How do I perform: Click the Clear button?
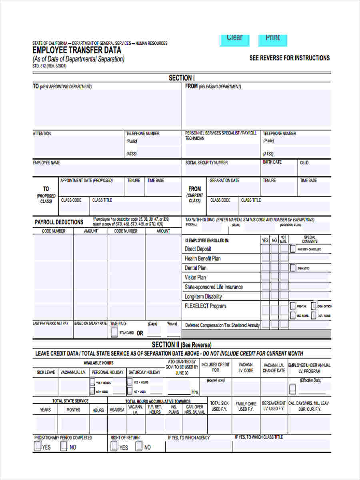[x=234, y=38]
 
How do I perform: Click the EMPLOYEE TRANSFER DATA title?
[x=77, y=51]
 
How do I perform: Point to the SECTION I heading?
[x=182, y=78]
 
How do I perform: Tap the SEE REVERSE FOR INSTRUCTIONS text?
[x=289, y=58]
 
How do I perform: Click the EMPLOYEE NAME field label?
[x=46, y=163]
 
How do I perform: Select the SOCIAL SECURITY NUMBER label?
[x=206, y=163]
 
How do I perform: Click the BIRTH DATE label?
[x=272, y=162]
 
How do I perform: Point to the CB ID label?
[x=304, y=163]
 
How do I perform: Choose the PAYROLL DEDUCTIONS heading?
[x=59, y=222]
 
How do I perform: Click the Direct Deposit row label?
[x=198, y=249]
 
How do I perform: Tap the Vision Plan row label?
[x=195, y=278]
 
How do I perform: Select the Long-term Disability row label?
[x=203, y=297]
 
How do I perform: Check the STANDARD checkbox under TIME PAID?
[x=114, y=332]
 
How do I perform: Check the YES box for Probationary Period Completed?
[x=37, y=446]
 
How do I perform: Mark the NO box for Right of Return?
[x=138, y=446]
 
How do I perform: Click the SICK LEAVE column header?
[x=46, y=372]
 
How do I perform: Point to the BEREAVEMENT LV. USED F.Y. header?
[x=274, y=406]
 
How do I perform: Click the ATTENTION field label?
[x=42, y=134]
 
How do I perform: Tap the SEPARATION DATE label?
[x=224, y=181]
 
